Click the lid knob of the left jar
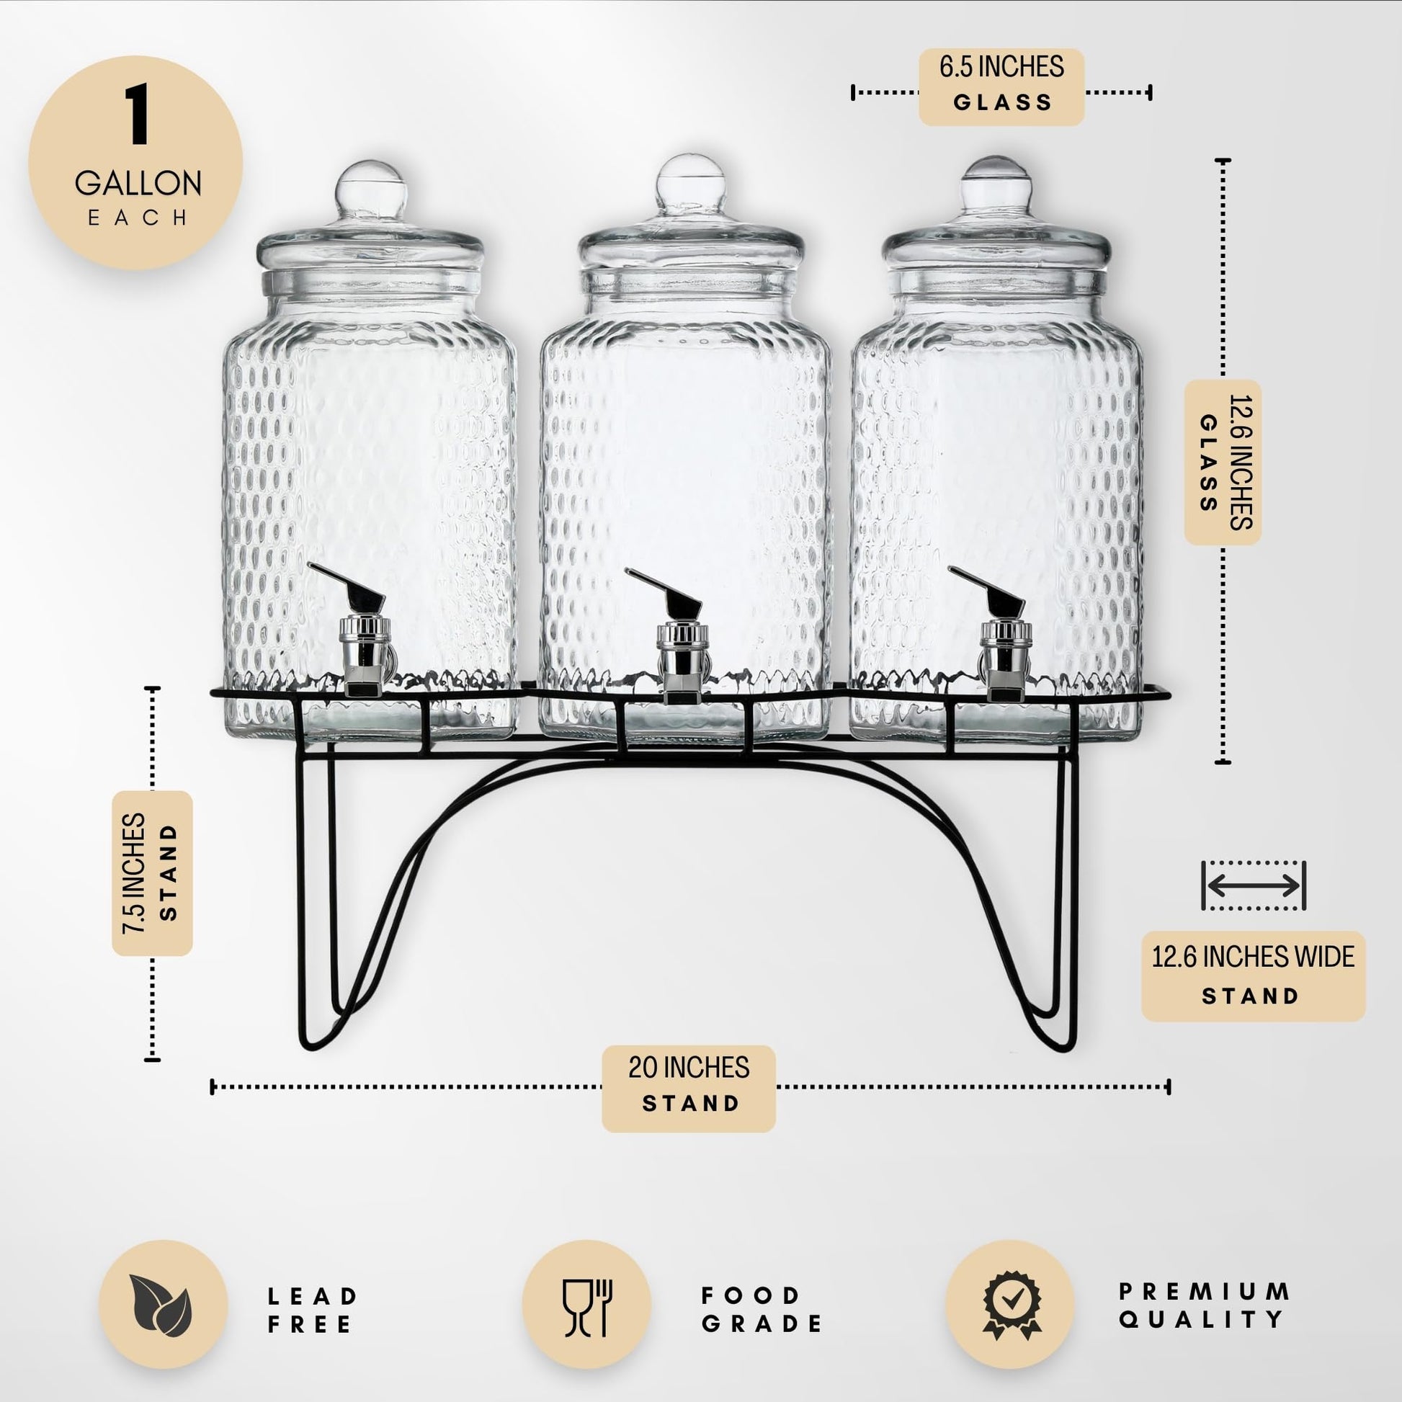(370, 190)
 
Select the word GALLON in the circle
(138, 183)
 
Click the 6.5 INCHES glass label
(1001, 86)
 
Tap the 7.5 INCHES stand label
(152, 873)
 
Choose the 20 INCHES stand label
(689, 1088)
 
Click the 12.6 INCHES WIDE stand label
(1254, 976)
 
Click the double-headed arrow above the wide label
(1254, 885)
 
